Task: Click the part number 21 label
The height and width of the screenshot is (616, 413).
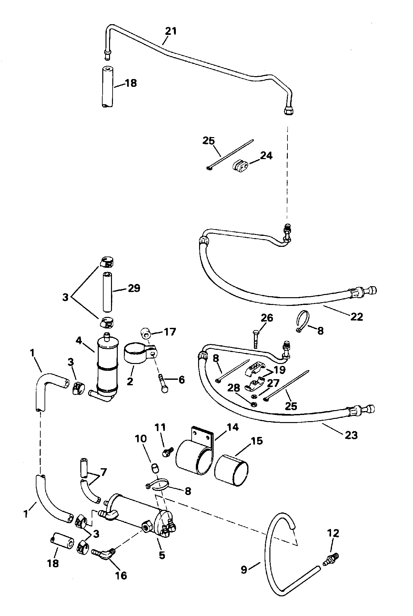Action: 171,31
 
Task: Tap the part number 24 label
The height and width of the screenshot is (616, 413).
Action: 266,156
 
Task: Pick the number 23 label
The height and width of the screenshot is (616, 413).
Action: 351,435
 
